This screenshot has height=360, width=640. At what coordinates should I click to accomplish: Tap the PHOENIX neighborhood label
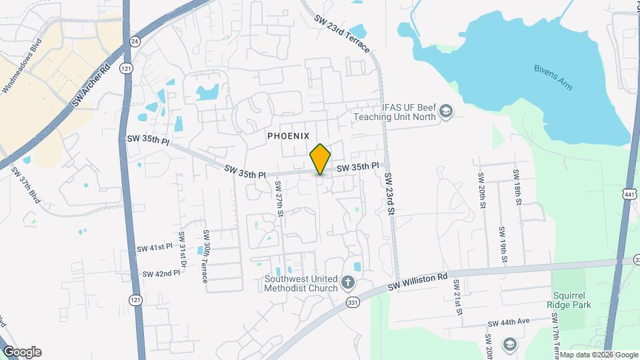289,135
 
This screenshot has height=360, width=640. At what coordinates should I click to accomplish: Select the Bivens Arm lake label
553,77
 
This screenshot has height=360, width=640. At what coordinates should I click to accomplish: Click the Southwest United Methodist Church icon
347,283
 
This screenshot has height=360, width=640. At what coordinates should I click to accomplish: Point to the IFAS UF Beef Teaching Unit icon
446,111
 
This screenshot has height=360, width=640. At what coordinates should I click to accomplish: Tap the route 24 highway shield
135,41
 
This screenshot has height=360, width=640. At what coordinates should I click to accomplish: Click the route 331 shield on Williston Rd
353,302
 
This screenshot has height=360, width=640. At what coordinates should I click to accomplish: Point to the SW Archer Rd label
90,85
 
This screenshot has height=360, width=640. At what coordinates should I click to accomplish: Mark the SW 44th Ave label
508,322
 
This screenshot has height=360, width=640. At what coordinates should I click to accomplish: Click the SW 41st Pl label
155,248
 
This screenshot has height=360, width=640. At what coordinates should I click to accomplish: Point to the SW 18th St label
517,188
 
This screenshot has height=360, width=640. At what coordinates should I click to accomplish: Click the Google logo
22,352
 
